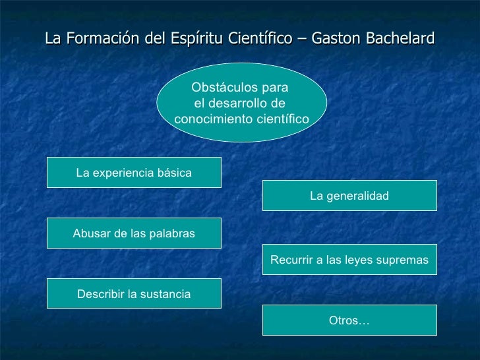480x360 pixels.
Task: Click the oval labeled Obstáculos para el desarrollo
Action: (242, 103)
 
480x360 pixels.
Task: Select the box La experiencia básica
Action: (134, 173)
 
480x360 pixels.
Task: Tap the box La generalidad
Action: (349, 196)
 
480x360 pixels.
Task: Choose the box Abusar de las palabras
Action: (134, 234)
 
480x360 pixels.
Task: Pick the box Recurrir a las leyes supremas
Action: (349, 260)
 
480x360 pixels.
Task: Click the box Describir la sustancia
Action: (134, 294)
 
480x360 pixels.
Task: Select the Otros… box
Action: (349, 320)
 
